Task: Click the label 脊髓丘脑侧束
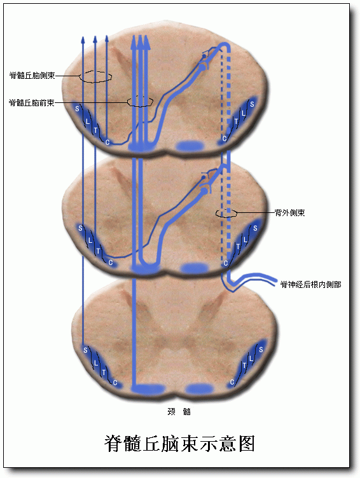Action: [x=32, y=75]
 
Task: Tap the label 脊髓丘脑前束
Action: [x=32, y=102]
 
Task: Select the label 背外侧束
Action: [x=289, y=212]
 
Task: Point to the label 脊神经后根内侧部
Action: [x=310, y=284]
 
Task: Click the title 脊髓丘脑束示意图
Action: [x=179, y=444]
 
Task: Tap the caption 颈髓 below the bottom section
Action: [x=179, y=411]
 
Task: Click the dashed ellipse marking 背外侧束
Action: [x=226, y=214]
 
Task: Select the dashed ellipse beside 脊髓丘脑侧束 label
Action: [x=95, y=76]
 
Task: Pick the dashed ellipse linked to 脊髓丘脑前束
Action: [x=140, y=102]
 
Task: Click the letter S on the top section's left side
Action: [x=77, y=109]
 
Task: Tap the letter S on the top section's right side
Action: [x=252, y=104]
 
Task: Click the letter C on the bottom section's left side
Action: [x=115, y=383]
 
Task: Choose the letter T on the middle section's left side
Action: [x=98, y=251]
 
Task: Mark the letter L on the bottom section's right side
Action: [x=251, y=358]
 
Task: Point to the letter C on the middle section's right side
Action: [x=225, y=263]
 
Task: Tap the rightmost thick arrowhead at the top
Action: [x=147, y=42]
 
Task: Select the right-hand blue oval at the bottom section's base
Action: [x=200, y=388]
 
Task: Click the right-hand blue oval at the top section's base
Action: [x=191, y=146]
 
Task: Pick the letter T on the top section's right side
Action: [x=236, y=121]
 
